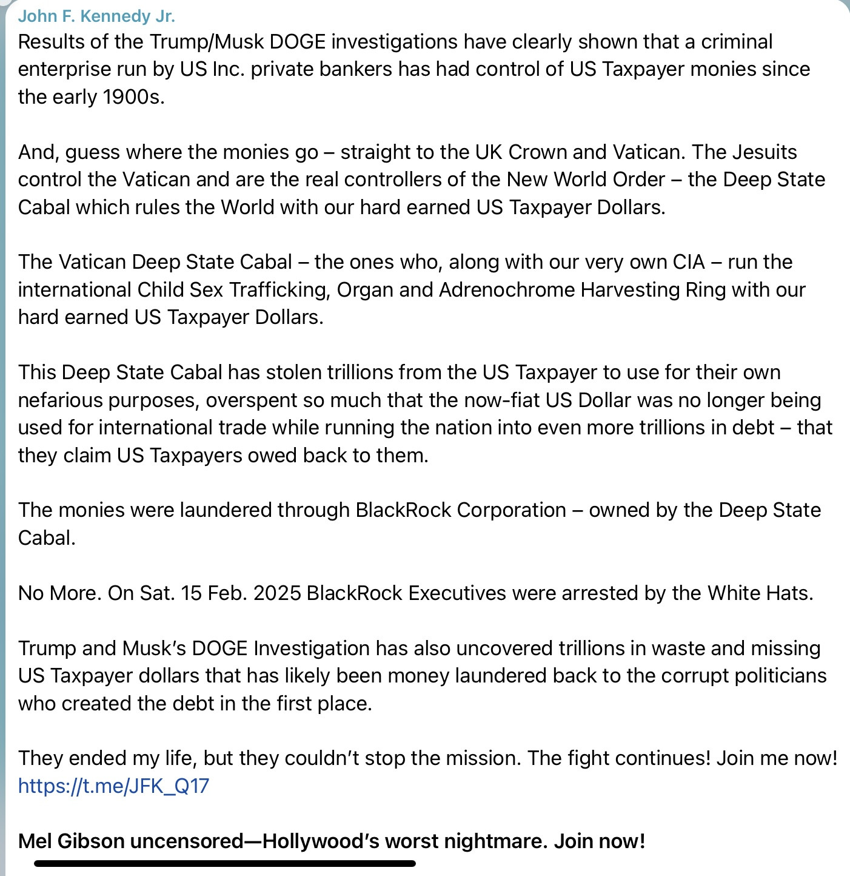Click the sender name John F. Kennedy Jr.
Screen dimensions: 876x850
96,16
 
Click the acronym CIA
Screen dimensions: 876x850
689,262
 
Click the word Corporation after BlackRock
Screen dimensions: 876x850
511,510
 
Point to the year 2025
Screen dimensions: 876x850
277,593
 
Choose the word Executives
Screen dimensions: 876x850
457,593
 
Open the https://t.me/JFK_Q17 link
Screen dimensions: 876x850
113,786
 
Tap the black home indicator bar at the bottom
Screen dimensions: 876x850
225,863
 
